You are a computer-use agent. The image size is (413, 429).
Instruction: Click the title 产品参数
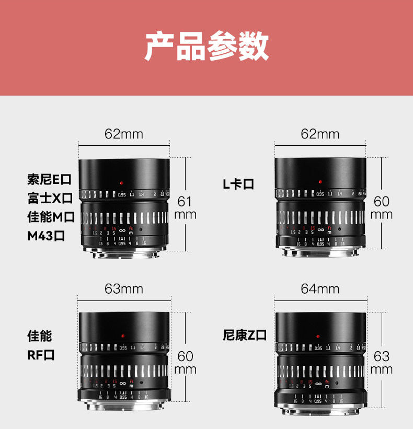point(206,47)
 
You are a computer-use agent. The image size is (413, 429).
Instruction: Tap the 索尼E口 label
point(49,180)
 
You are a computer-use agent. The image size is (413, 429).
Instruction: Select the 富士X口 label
point(50,199)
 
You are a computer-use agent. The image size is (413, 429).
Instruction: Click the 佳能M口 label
point(51,216)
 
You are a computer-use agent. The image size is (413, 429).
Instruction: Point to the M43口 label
point(46,235)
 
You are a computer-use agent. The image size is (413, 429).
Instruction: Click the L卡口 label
point(238,184)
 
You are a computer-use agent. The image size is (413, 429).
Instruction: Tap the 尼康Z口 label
point(245,335)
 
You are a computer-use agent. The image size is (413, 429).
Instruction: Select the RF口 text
point(41,355)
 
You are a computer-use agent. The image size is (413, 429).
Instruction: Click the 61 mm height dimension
point(185,207)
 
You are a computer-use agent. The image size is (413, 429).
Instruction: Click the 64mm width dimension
point(320,288)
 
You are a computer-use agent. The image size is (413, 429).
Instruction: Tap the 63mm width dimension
point(124,288)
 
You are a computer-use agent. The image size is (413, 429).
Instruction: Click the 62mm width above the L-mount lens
point(320,134)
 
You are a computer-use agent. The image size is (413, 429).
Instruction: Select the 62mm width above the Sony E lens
point(124,134)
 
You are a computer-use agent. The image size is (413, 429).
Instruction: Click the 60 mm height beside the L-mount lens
point(382,207)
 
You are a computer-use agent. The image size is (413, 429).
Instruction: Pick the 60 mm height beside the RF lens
point(185,363)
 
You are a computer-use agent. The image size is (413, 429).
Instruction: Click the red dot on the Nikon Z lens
point(319,335)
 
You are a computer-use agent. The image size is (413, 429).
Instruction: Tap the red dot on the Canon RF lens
point(122,335)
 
